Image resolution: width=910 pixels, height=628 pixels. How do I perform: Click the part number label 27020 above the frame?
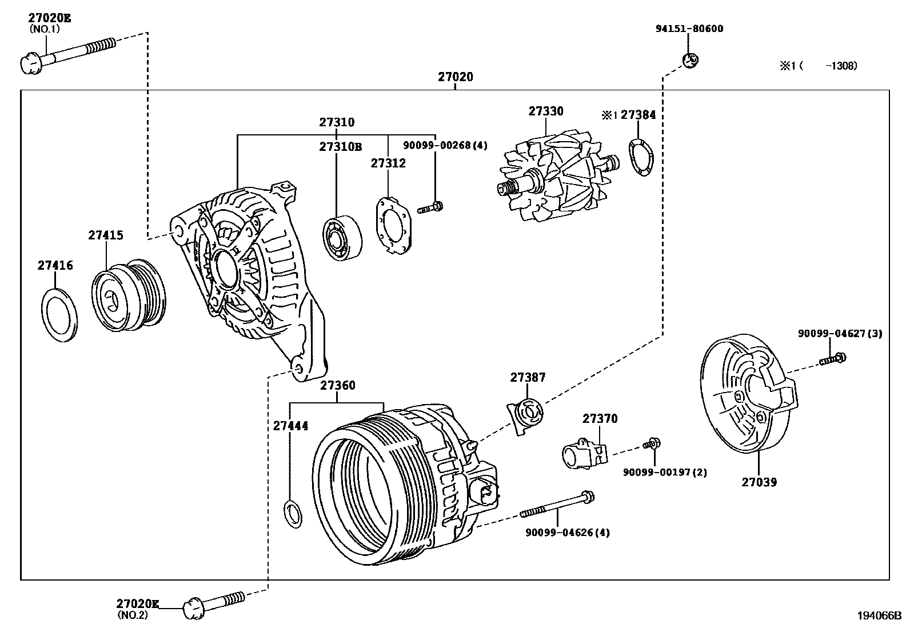point(456,77)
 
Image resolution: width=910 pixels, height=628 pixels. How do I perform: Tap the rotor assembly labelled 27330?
point(558,175)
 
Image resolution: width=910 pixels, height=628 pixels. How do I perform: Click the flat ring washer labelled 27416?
point(59,315)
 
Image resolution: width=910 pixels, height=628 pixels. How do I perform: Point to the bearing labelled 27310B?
point(342,238)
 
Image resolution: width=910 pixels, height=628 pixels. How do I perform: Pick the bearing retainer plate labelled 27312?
point(393,226)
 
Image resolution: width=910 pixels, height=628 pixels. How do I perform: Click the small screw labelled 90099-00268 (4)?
point(430,208)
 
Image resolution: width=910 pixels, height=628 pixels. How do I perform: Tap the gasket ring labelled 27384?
point(641,157)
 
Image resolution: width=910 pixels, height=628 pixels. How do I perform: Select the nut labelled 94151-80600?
point(691,61)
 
